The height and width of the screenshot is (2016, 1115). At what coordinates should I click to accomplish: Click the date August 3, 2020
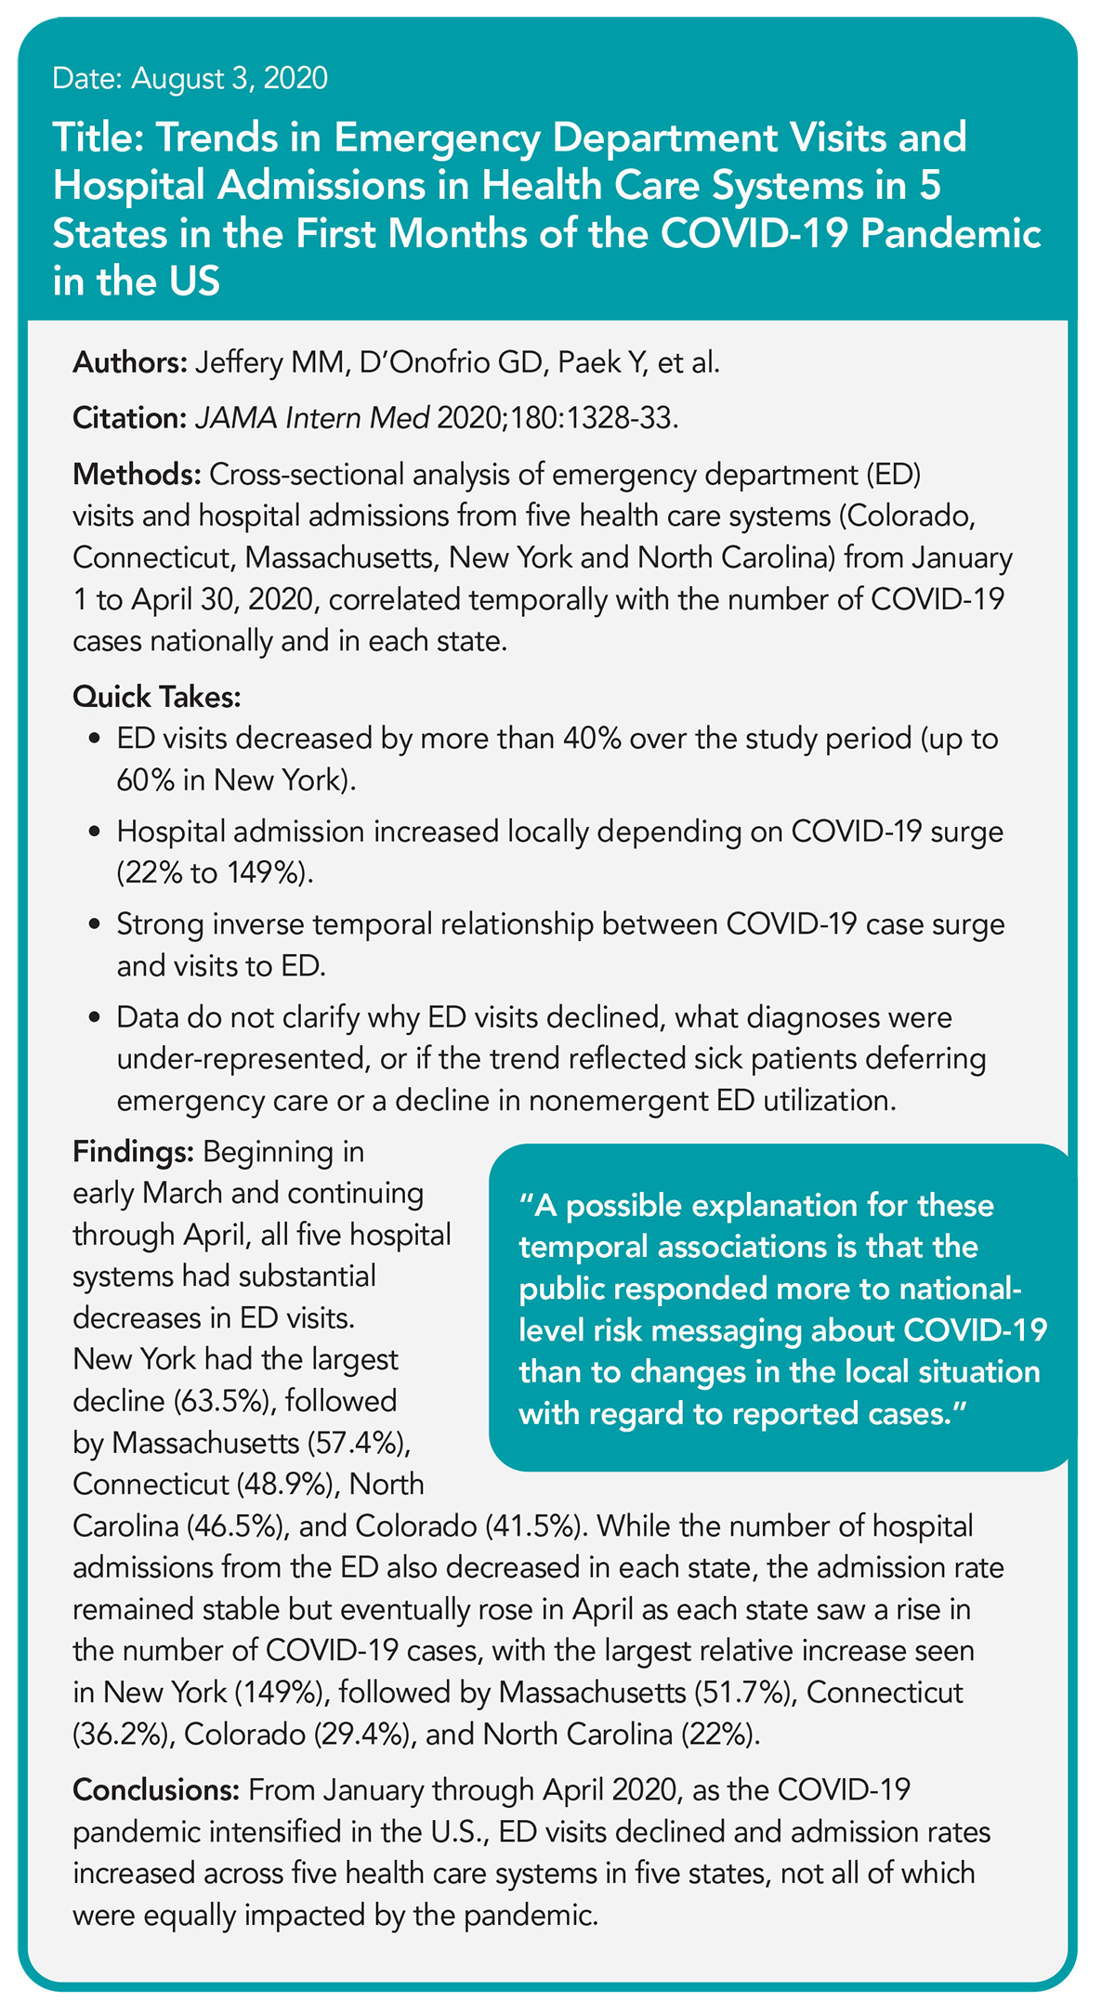[x=230, y=78]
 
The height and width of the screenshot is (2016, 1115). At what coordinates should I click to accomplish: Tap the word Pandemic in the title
[x=950, y=233]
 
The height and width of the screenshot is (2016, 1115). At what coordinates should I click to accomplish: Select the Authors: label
[x=129, y=362]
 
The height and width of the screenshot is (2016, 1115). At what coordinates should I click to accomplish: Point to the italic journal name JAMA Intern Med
[x=311, y=418]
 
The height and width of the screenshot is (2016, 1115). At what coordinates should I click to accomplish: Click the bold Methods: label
[x=137, y=474]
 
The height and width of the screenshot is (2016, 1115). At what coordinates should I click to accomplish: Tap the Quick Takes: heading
[x=157, y=696]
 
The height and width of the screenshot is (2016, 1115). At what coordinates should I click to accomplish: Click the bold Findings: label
[x=133, y=1153]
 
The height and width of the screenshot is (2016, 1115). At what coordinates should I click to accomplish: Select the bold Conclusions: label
[x=157, y=1790]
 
